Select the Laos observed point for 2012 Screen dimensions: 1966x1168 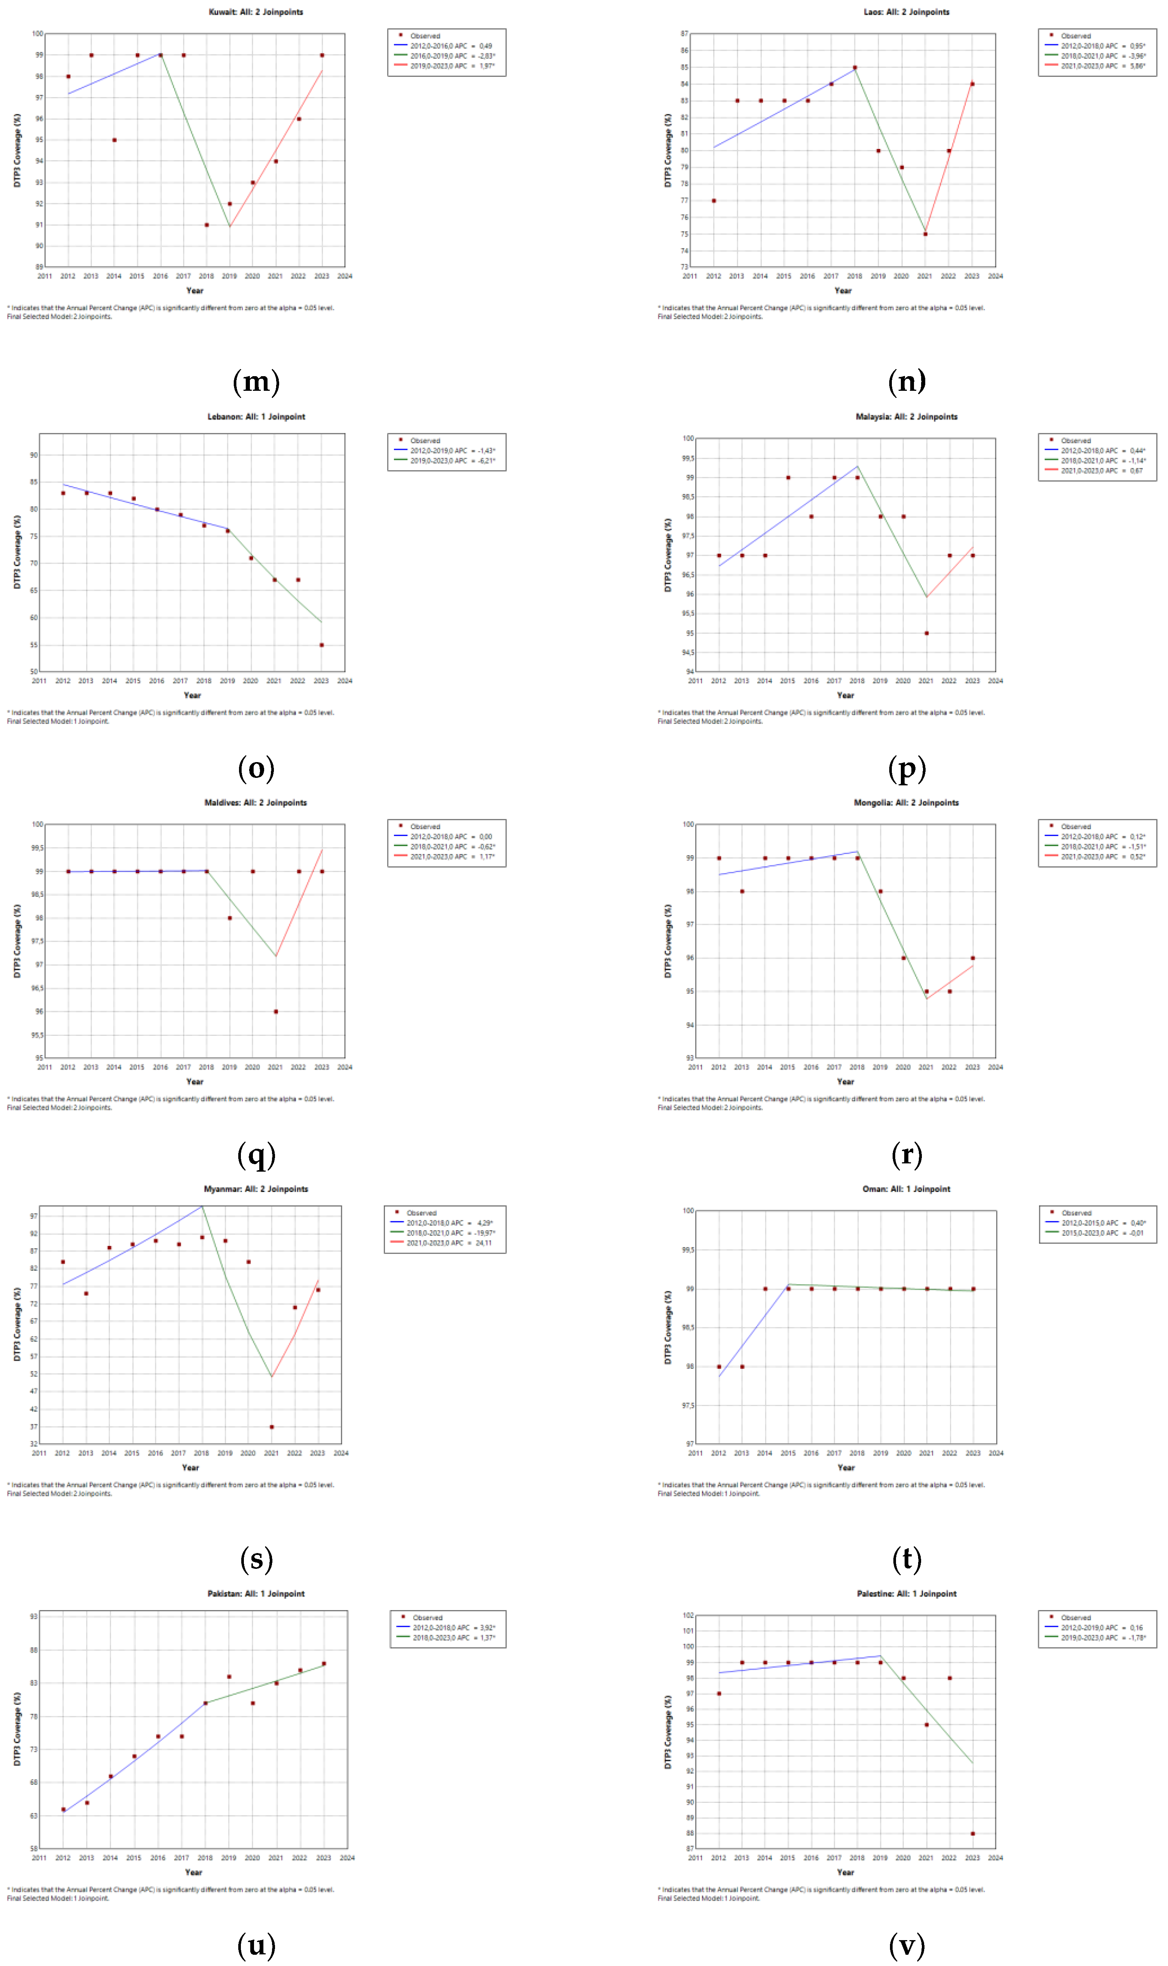click(x=714, y=201)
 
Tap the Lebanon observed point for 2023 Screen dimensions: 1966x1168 click(x=321, y=645)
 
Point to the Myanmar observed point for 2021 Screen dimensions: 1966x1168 click(x=272, y=1426)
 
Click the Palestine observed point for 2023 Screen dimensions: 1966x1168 click(x=973, y=1833)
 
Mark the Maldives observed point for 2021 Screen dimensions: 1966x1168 click(x=275, y=1012)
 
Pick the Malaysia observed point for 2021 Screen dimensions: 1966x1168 click(x=926, y=633)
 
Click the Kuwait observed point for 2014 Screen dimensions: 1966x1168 click(x=114, y=140)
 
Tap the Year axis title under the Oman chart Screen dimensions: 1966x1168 click(x=845, y=1467)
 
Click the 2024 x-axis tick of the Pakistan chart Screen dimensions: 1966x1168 click(x=346, y=1858)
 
